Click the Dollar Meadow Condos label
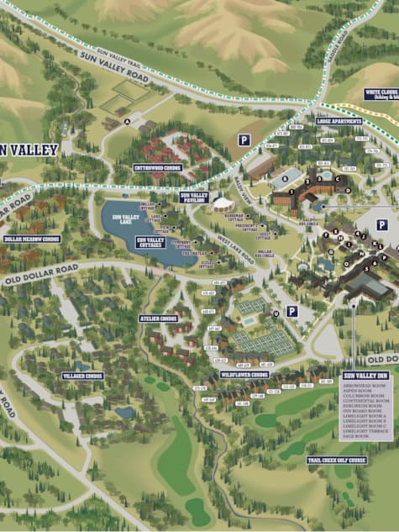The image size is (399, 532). click(32, 239)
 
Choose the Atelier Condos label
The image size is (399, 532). click(158, 319)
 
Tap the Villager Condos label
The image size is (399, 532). click(82, 376)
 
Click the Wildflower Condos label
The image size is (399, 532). click(244, 374)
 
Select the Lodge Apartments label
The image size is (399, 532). click(339, 120)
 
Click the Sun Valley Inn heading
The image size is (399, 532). click(365, 376)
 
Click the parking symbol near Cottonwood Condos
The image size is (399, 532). click(244, 140)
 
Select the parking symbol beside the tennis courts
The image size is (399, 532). click(291, 311)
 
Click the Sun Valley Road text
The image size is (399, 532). click(113, 65)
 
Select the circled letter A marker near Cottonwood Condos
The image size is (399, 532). click(127, 121)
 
